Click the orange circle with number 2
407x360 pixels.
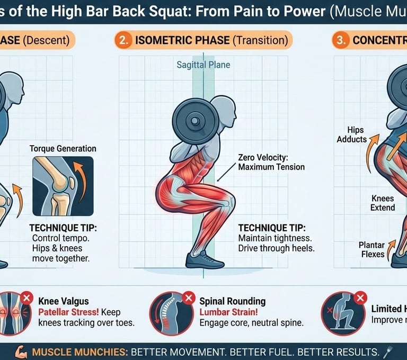tap(123, 41)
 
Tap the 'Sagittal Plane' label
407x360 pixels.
tap(203, 66)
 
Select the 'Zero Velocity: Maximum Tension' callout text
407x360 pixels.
tap(271, 162)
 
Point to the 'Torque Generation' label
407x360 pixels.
tap(63, 148)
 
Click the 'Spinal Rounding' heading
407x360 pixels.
tap(232, 301)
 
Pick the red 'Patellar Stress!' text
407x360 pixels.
tap(68, 312)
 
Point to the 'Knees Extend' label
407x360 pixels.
tap(383, 203)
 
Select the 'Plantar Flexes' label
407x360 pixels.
tap(373, 249)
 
